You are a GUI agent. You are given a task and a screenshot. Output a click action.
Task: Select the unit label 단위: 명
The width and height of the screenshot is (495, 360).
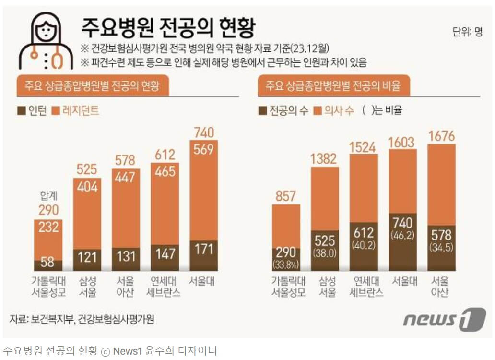(467, 33)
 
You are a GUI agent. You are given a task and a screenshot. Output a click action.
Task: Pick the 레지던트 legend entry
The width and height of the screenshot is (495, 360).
(77, 111)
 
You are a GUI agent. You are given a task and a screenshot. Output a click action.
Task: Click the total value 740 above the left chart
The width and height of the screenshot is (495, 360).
(204, 132)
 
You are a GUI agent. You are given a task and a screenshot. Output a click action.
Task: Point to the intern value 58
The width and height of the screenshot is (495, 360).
(48, 263)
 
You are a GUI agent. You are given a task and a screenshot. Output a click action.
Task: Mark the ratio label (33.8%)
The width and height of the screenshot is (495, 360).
(286, 264)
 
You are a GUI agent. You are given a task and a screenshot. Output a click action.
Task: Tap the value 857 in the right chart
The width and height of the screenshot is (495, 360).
(286, 196)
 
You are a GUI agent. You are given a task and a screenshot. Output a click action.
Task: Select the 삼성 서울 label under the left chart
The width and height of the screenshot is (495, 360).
(87, 287)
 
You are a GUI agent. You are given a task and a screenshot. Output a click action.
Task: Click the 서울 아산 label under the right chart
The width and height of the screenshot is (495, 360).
(441, 287)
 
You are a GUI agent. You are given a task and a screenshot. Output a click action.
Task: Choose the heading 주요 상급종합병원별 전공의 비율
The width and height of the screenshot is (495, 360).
(333, 86)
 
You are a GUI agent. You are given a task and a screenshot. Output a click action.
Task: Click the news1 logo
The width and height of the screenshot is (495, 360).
(444, 319)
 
